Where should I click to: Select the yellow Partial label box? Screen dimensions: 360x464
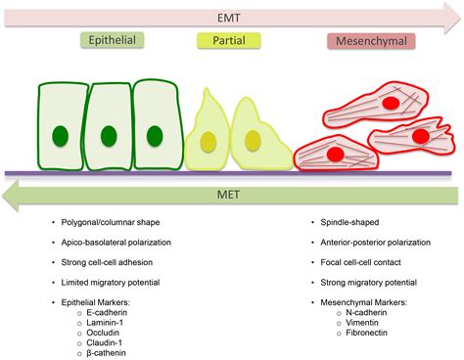point(229,42)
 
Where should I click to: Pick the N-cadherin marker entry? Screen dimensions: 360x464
point(353,302)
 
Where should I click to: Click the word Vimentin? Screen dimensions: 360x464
point(348,315)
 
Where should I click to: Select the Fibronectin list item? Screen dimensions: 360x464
point(353,328)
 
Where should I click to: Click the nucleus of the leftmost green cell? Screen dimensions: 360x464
point(62,134)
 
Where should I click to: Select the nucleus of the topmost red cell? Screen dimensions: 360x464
point(390,102)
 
